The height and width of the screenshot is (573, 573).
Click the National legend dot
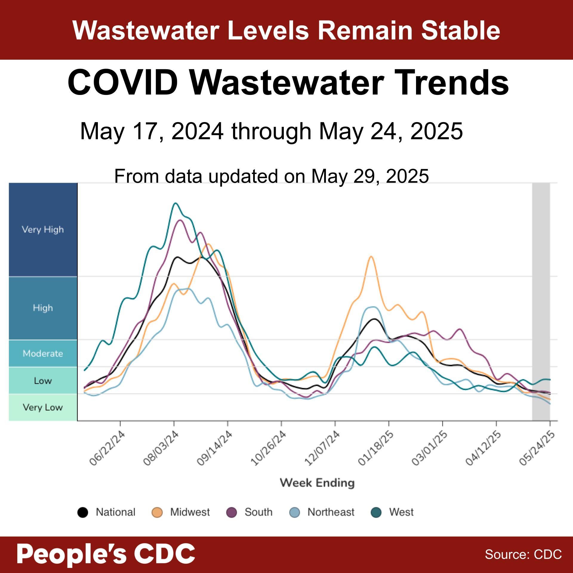83,512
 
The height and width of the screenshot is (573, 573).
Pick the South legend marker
232,512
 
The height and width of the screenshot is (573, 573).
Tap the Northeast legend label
331,512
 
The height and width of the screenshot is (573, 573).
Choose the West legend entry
401,512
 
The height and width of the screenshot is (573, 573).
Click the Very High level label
43,229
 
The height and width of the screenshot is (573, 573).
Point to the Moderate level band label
43,354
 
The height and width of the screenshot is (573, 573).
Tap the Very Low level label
43,407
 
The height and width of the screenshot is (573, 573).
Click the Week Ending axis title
317,483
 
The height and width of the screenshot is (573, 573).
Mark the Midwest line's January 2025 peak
371,256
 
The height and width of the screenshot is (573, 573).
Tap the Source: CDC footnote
523,554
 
